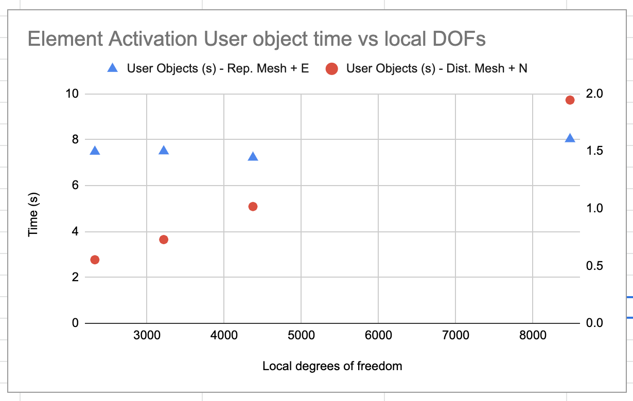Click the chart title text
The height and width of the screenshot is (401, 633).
(256, 39)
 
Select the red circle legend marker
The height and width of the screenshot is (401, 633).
(332, 68)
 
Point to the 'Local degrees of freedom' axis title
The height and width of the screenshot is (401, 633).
(332, 366)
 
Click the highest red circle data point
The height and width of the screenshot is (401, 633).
(570, 100)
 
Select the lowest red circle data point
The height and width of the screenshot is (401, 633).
(95, 260)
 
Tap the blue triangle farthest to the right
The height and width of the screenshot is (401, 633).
(570, 138)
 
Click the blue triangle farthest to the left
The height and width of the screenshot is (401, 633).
(95, 151)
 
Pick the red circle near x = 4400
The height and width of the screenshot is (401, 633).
(253, 206)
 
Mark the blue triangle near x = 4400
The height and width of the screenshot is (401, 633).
(253, 156)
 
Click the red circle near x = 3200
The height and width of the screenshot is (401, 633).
(164, 239)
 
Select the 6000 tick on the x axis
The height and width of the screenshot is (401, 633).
(378, 336)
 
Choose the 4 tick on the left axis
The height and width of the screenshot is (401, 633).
(75, 231)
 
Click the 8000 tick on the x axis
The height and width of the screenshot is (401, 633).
(533, 336)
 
